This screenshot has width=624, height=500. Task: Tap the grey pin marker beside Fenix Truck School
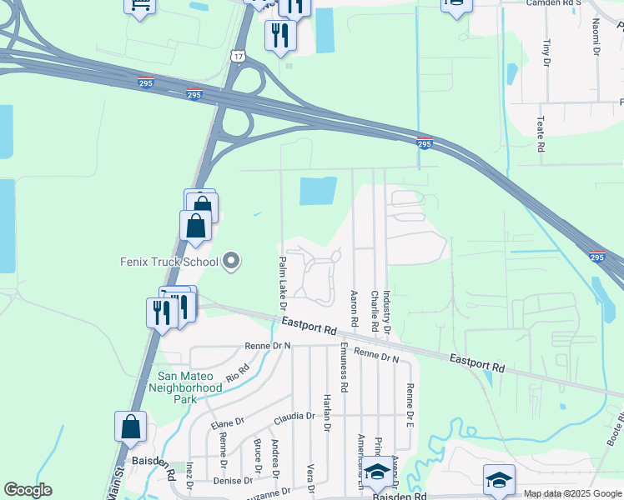click(232, 262)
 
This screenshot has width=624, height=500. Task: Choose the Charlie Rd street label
click(375, 308)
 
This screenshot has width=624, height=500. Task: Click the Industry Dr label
click(386, 314)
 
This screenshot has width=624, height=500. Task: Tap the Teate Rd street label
click(541, 133)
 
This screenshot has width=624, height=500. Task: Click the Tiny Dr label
click(546, 51)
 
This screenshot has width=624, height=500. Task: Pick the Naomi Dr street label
click(596, 38)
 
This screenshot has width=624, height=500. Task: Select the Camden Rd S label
click(554, 2)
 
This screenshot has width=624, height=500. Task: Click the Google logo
click(28, 490)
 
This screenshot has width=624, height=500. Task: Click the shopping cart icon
click(140, 5)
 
